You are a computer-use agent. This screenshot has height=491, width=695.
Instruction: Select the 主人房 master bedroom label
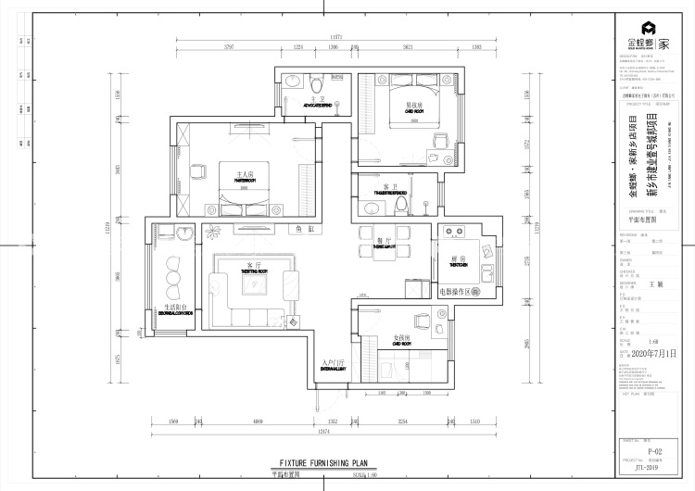tap(245, 173)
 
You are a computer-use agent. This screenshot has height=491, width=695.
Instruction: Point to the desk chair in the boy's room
tap(439, 141)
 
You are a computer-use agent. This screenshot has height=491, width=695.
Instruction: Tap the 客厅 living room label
tap(255, 266)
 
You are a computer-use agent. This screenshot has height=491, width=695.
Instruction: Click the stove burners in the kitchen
tap(454, 232)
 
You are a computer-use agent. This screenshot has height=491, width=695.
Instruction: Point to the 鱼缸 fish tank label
tap(305, 227)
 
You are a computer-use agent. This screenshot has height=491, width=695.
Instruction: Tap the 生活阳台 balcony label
tap(177, 307)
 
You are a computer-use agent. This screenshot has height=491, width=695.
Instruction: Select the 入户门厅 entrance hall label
tap(333, 362)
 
